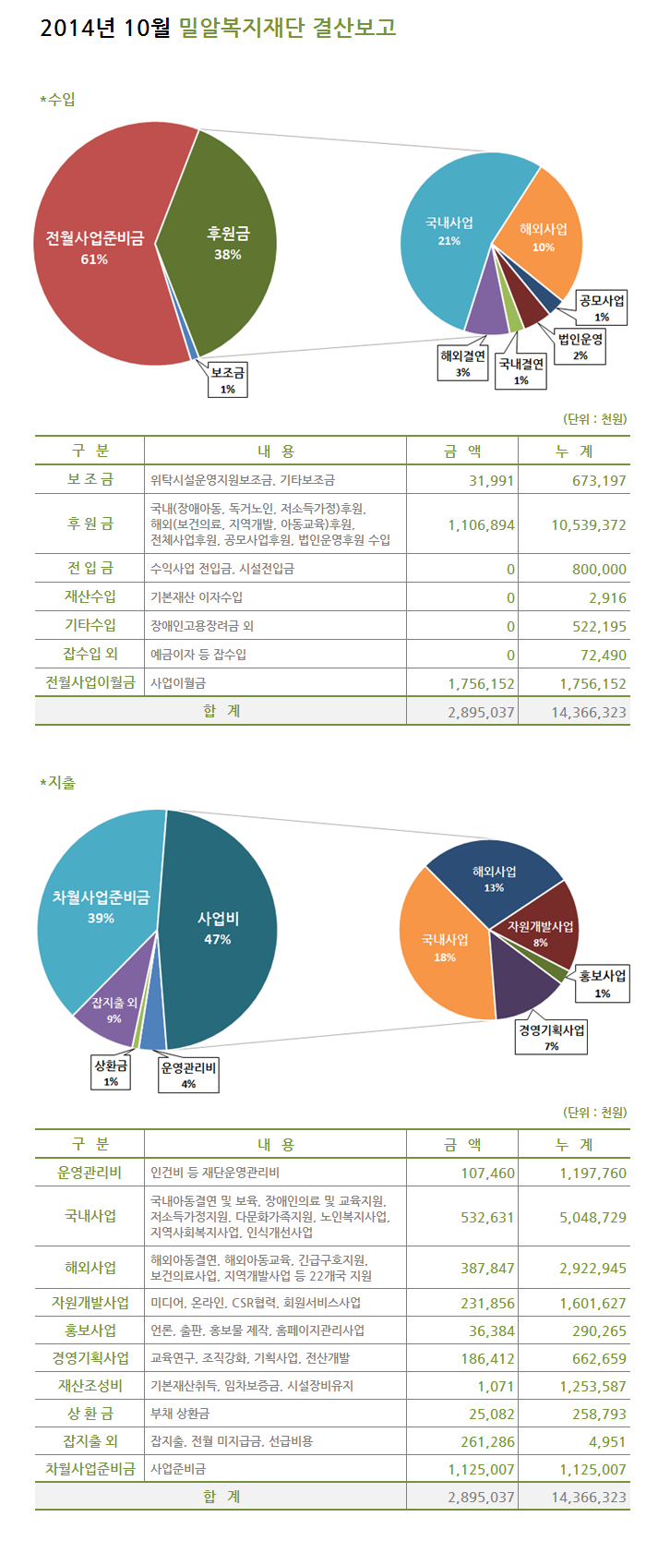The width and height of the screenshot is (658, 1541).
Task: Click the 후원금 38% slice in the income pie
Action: click(x=226, y=245)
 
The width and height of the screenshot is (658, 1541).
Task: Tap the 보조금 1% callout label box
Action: click(x=227, y=379)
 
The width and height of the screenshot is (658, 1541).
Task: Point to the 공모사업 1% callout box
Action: click(x=602, y=308)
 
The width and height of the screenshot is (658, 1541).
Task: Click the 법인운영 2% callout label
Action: click(x=580, y=346)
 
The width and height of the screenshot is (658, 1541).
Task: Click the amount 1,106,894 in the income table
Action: click(x=481, y=524)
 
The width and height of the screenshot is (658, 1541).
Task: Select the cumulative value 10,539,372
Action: click(x=589, y=524)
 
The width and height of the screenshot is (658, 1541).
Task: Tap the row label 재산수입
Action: click(x=90, y=596)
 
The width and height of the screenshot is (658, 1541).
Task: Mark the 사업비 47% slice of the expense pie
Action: click(x=218, y=928)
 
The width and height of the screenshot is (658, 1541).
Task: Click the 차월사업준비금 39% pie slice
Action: click(x=100, y=907)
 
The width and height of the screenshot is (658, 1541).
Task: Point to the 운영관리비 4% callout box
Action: click(x=188, y=1076)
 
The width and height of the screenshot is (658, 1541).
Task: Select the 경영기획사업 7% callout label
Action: click(x=551, y=1037)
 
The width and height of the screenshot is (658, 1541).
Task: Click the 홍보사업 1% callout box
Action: click(x=602, y=983)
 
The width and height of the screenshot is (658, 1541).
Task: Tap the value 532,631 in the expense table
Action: click(x=486, y=1217)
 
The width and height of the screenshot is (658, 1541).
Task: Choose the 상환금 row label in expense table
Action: click(x=90, y=1414)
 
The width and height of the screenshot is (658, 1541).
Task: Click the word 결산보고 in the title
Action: click(x=355, y=28)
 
